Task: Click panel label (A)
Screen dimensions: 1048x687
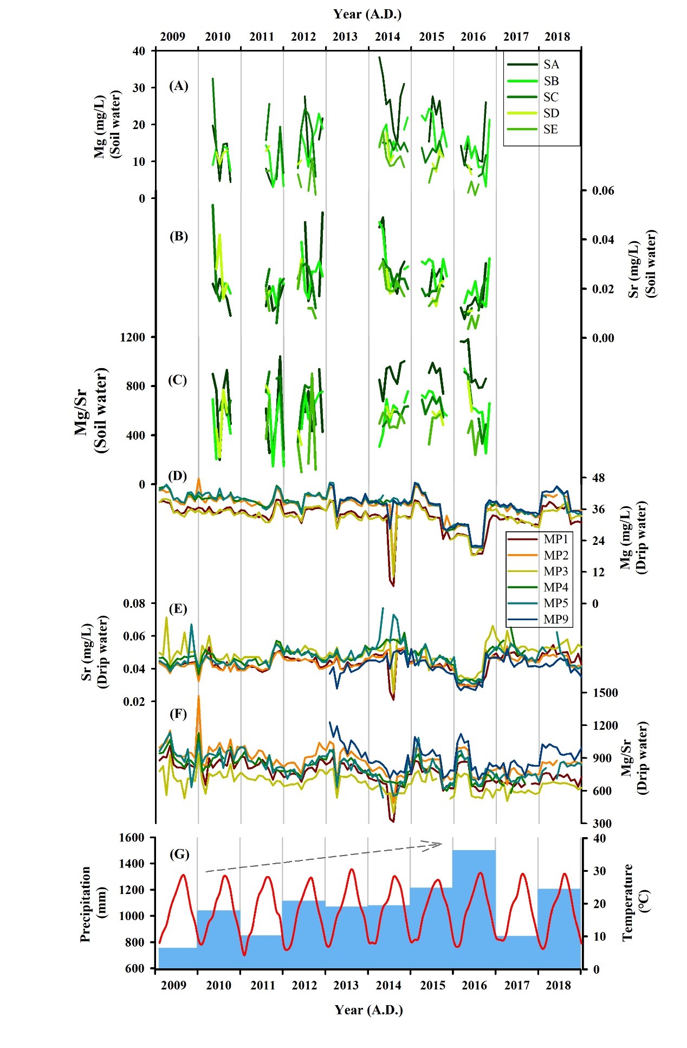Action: click(178, 86)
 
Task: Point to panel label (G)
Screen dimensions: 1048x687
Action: click(179, 854)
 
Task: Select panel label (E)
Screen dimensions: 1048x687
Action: click(178, 608)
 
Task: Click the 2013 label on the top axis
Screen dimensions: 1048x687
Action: click(345, 36)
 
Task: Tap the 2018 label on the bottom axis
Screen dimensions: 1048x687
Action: click(558, 985)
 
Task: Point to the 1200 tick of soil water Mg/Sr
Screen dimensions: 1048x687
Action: click(132, 337)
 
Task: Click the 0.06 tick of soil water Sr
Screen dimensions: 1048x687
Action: click(602, 191)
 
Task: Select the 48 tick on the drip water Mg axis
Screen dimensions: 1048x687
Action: click(598, 478)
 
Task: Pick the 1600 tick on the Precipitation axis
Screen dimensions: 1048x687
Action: click(132, 838)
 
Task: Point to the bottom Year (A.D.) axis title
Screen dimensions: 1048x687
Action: click(368, 1010)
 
